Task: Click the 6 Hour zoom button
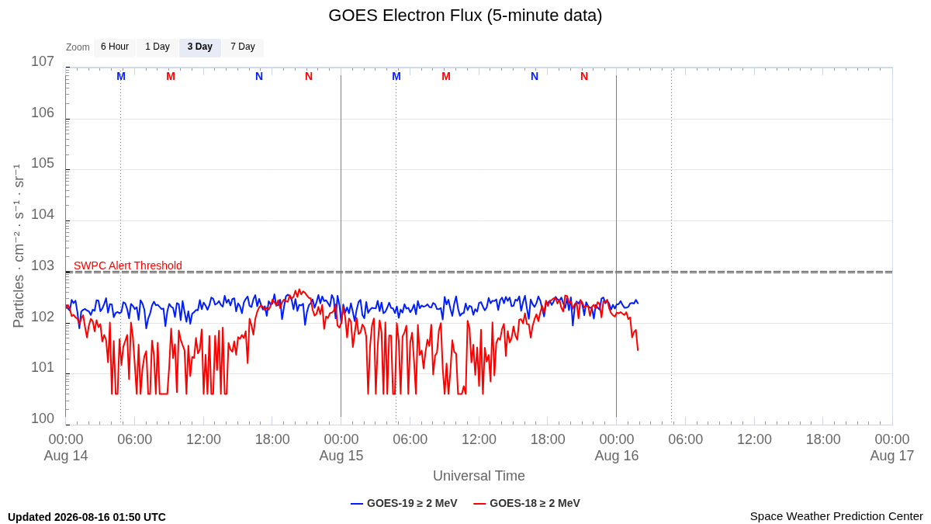click(115, 47)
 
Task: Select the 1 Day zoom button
click(157, 47)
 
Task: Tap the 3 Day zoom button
click(200, 47)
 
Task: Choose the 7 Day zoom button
click(243, 47)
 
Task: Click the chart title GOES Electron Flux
click(465, 16)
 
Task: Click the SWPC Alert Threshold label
click(128, 265)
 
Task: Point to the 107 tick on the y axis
click(43, 61)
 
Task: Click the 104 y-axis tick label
click(43, 214)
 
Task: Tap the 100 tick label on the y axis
click(43, 418)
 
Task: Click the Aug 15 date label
click(341, 456)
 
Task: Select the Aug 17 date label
click(892, 456)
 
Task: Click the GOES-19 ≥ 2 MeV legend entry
click(404, 503)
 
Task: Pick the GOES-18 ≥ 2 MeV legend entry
click(527, 503)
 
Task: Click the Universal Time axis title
click(479, 476)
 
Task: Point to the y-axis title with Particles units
click(19, 246)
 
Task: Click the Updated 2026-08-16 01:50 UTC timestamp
click(87, 517)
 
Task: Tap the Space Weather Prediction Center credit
click(836, 516)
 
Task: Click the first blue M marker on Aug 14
click(121, 77)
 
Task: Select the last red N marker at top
click(584, 77)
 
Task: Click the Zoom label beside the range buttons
click(78, 47)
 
